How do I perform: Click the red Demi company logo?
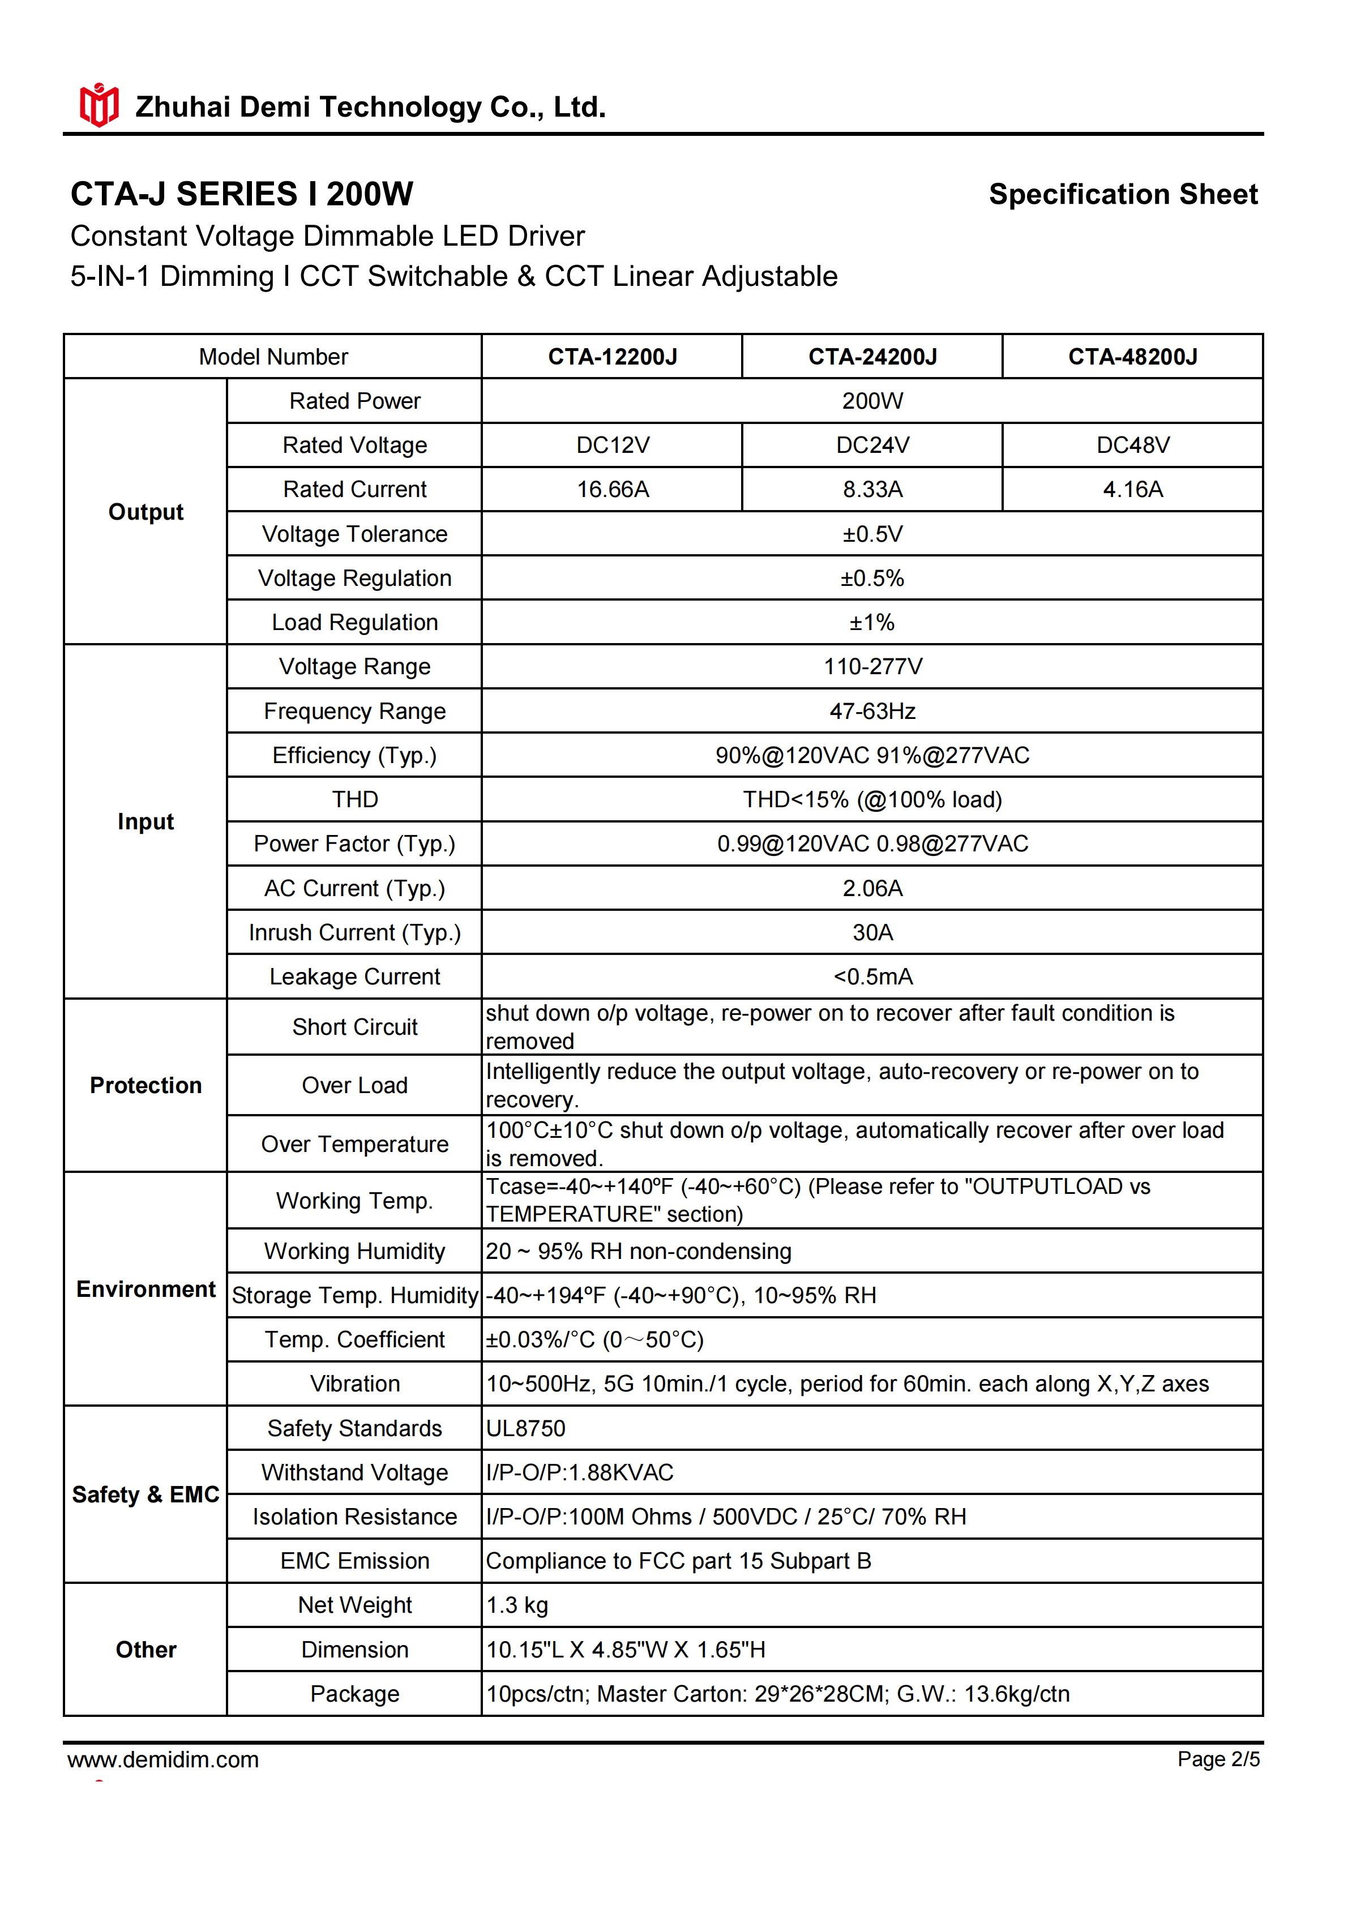coord(99,105)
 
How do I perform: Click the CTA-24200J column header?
coord(872,357)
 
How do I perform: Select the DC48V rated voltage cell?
coord(1132,446)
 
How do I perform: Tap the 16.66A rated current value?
coord(613,490)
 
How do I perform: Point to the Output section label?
coord(146,512)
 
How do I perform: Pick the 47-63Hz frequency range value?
coord(872,712)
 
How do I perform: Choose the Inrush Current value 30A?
coord(872,933)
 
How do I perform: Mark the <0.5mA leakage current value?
coord(872,977)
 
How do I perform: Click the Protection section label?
coord(146,1086)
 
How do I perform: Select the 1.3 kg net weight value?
coord(517,1605)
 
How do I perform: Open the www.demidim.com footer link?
coord(164,1760)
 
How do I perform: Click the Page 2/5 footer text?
coord(1218,1760)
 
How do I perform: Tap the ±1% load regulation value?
coord(872,623)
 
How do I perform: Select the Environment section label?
coord(146,1289)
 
